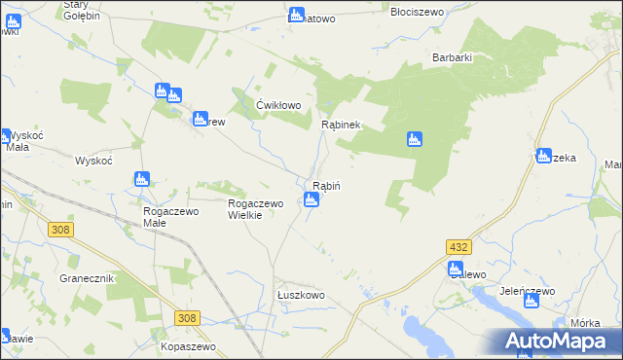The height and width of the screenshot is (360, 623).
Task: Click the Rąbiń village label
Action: [325, 186]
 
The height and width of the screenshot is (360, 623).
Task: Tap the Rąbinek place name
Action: [341, 125]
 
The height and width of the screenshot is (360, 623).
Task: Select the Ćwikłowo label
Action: [278, 105]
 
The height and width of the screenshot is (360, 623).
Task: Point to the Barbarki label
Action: [453, 57]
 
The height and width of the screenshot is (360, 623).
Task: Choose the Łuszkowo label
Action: [300, 295]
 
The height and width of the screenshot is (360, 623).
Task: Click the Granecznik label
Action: [88, 278]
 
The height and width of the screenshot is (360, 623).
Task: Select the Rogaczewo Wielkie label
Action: [255, 209]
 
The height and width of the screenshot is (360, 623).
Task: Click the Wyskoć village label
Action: [95, 161]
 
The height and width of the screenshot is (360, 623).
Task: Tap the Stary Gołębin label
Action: [82, 10]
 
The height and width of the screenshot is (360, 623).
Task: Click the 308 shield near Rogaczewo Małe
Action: [60, 229]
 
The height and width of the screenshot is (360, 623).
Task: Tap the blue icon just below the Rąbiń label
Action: [311, 201]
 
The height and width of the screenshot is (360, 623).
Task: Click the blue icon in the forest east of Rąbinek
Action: [414, 140]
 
